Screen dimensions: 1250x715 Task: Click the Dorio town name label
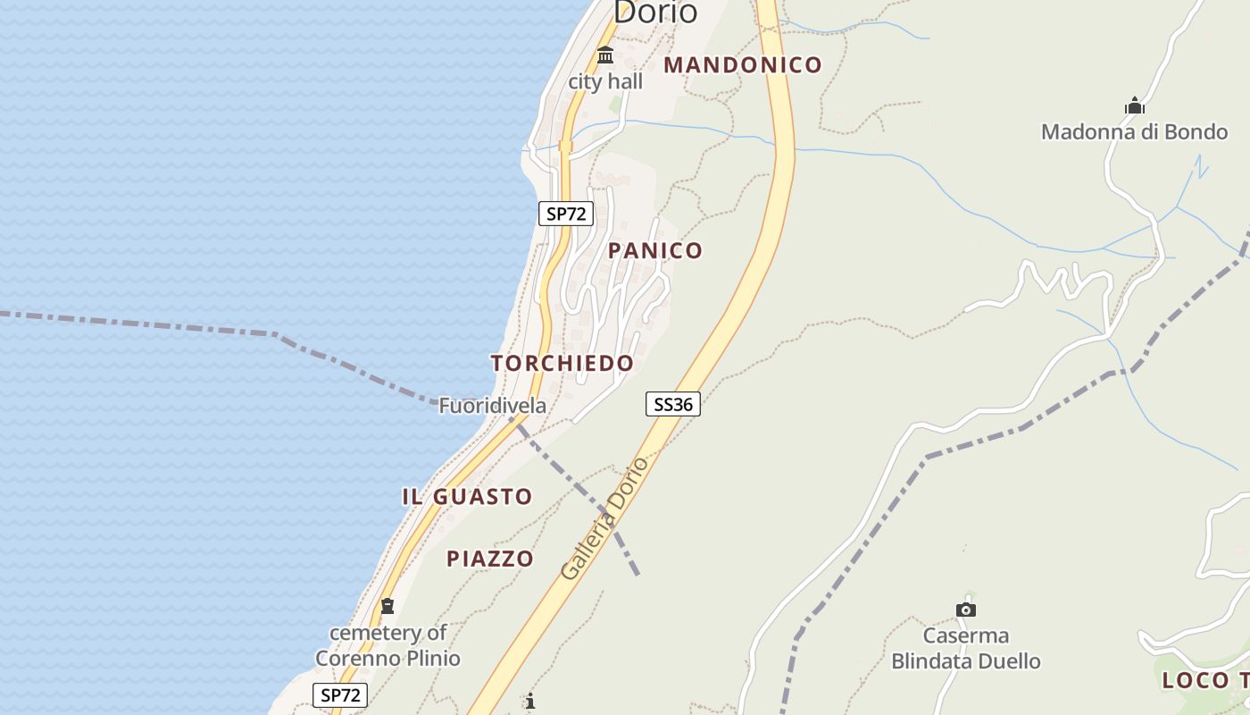(x=654, y=12)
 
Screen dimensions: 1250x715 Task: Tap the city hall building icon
(x=605, y=55)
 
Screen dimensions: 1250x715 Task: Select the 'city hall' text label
(x=605, y=81)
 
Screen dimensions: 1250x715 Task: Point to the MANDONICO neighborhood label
(x=743, y=64)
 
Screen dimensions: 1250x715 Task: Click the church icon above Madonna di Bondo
(x=1135, y=105)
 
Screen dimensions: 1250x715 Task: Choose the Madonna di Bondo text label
(x=1134, y=132)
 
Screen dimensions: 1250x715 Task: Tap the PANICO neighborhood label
(x=655, y=250)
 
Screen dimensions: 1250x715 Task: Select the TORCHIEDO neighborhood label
(x=562, y=363)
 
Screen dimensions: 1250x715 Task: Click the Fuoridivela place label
(x=493, y=406)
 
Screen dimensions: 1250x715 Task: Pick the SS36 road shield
(x=672, y=404)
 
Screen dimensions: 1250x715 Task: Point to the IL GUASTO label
(x=467, y=497)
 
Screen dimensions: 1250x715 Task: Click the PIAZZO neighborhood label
(x=490, y=559)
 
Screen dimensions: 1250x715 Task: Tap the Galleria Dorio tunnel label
(x=604, y=518)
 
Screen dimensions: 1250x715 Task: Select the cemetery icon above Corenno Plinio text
(x=387, y=606)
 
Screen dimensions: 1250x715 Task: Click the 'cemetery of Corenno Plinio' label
(x=388, y=645)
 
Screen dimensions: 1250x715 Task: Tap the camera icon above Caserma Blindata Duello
(x=966, y=610)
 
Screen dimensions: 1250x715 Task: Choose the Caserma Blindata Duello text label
(x=966, y=649)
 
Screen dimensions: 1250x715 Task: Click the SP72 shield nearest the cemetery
(x=340, y=694)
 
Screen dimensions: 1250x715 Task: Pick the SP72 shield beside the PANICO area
(x=566, y=213)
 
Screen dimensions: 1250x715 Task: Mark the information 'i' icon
(x=530, y=701)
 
